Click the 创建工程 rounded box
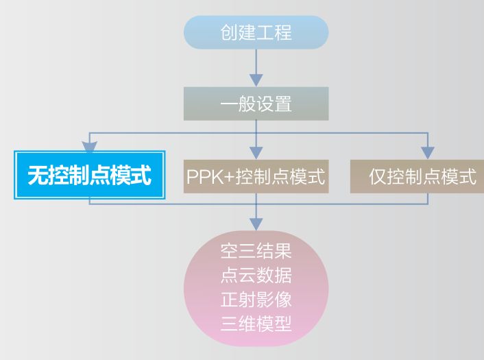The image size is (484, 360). [x=256, y=32]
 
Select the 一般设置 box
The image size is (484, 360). [x=256, y=104]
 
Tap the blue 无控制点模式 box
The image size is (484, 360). [x=89, y=176]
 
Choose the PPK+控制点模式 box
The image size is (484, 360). [x=256, y=176]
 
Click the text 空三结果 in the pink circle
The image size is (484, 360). [x=256, y=251]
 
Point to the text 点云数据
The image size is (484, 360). [x=256, y=276]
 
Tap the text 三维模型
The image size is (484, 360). [x=256, y=324]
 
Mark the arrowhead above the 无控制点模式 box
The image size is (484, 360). [x=90, y=146]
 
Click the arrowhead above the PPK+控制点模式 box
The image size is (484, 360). [x=256, y=151]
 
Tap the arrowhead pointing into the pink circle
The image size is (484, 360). [x=256, y=224]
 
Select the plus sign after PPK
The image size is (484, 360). [x=227, y=177]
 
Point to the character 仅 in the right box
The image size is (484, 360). [x=377, y=177]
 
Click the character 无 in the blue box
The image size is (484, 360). [x=37, y=176]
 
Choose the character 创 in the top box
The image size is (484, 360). [x=229, y=32]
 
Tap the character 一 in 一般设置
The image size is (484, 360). [x=228, y=104]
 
